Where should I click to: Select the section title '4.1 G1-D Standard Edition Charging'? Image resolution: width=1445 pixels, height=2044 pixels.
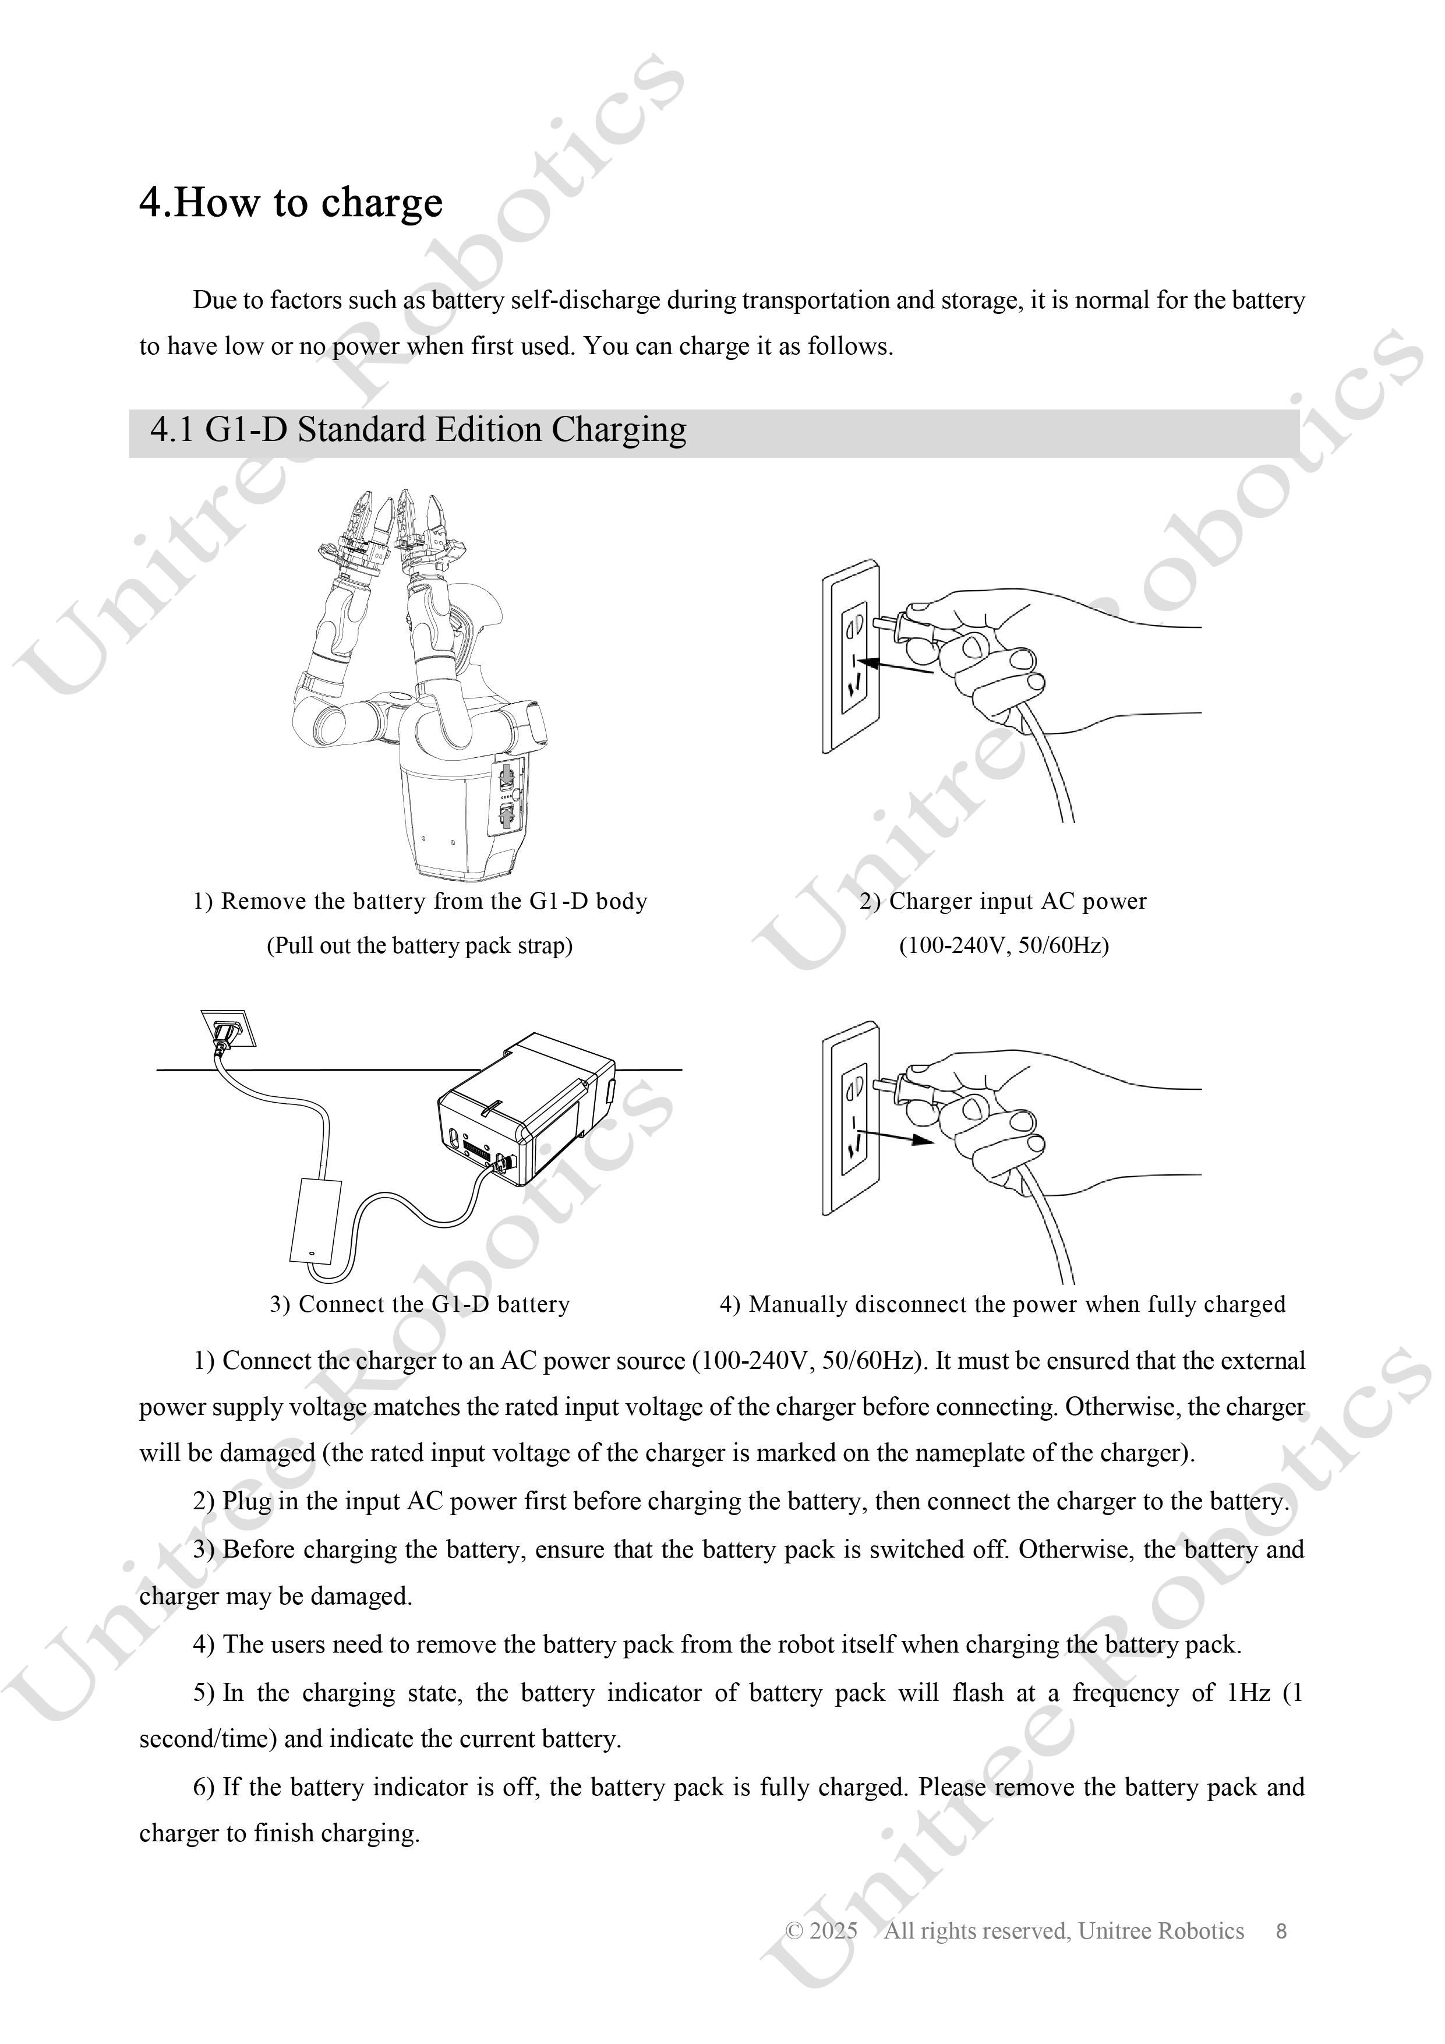418,430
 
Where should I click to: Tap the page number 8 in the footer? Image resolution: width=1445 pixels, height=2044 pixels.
1281,1931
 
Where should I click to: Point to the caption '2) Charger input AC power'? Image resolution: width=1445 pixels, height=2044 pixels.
1004,901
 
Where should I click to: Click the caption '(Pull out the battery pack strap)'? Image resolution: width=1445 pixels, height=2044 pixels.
419,945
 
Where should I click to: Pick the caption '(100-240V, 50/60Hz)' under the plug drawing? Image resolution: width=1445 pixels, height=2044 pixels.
1004,945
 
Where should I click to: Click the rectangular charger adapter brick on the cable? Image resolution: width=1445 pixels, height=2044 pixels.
315,1222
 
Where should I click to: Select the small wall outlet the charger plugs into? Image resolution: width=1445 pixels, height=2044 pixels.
229,1029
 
